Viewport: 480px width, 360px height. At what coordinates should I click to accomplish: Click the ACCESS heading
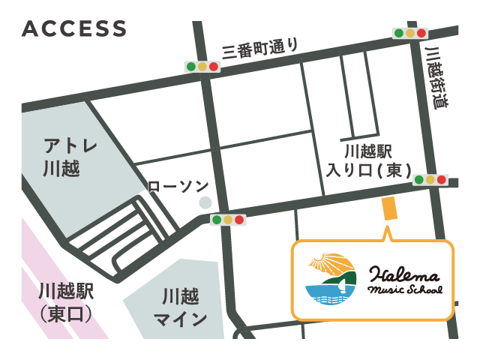pyautogui.click(x=74, y=28)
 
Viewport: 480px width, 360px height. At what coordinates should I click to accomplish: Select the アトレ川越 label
pyautogui.click(x=61, y=156)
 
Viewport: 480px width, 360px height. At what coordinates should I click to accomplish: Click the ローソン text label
pyautogui.click(x=178, y=185)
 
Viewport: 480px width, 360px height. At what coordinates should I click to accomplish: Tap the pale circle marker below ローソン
pyautogui.click(x=205, y=202)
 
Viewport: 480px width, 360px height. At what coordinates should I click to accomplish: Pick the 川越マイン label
pyautogui.click(x=180, y=308)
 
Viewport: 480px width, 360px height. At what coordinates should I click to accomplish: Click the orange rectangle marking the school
pyautogui.click(x=389, y=209)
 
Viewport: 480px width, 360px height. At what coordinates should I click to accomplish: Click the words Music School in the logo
pyautogui.click(x=405, y=289)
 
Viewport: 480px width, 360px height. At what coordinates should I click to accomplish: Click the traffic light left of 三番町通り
pyautogui.click(x=202, y=67)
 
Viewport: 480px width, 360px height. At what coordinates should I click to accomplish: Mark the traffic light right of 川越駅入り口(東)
pyautogui.click(x=430, y=180)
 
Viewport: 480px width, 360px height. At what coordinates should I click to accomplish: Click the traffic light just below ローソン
pyautogui.click(x=227, y=220)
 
